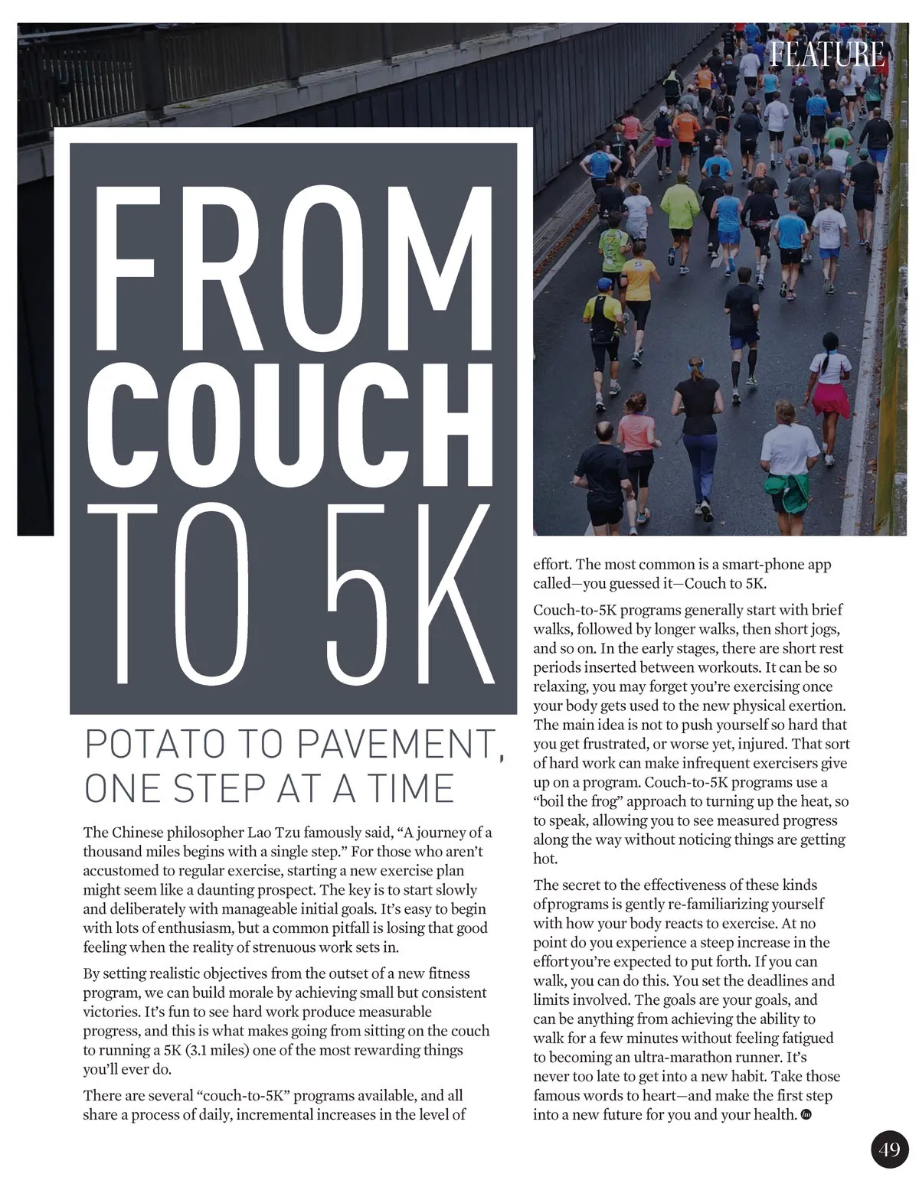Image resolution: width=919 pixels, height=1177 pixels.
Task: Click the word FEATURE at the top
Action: pyautogui.click(x=826, y=54)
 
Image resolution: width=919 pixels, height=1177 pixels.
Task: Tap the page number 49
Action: pyautogui.click(x=889, y=1149)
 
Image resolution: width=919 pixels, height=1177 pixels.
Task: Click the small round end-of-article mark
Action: pyautogui.click(x=805, y=1115)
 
